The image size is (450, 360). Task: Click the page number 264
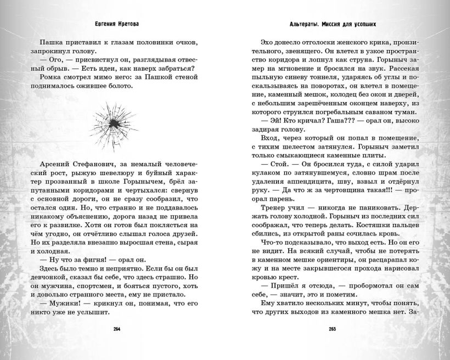click(x=116, y=329)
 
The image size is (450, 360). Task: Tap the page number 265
click(x=333, y=329)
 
